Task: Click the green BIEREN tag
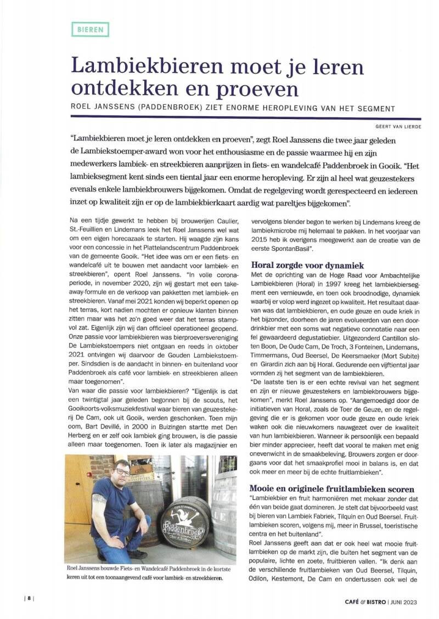click(x=90, y=29)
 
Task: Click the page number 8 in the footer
click(x=29, y=599)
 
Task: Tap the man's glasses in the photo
click(x=122, y=471)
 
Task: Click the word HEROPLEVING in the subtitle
click(x=303, y=108)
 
